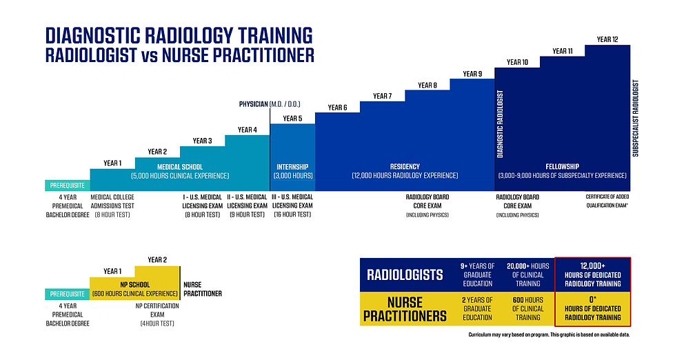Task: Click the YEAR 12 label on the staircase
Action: tap(606, 39)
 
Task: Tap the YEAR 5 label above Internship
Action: tap(292, 119)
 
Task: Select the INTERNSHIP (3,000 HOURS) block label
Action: tap(292, 171)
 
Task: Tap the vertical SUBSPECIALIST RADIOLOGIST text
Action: tap(636, 119)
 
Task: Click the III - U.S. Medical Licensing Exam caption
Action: tap(292, 206)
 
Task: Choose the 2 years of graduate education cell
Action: tap(476, 308)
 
